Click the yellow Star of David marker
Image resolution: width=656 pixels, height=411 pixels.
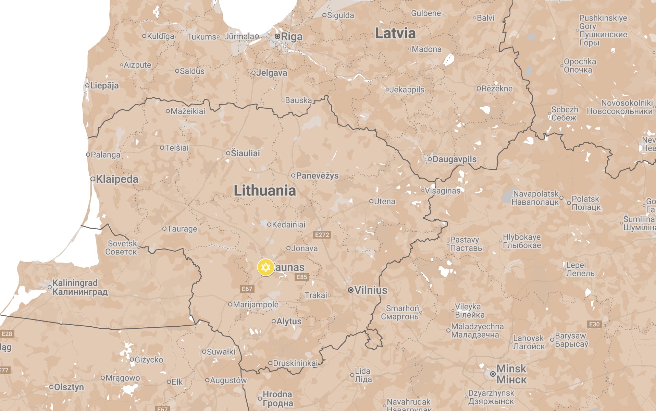coord(265,267)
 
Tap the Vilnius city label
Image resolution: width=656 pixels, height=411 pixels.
coord(371,290)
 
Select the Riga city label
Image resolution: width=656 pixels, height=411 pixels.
coord(292,36)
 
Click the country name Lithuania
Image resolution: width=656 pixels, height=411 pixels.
coord(264,191)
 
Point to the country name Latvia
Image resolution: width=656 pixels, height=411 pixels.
coord(395,33)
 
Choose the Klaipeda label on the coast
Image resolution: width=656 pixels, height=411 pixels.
coord(117,179)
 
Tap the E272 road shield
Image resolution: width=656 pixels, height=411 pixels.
coord(322,235)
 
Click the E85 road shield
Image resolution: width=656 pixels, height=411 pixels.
coord(302,277)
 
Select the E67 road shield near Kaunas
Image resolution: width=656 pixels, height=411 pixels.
coord(247,289)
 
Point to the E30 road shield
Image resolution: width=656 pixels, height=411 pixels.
coord(594,324)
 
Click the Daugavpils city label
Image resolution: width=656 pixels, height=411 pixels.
coord(454,159)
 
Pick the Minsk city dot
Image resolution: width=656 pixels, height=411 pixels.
coord(493,374)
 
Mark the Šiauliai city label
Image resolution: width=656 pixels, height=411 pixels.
coord(245,153)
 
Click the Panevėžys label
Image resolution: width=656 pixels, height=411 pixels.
coord(317,176)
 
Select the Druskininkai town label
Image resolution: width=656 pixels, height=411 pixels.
coord(295,363)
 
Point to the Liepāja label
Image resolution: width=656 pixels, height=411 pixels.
coord(104,85)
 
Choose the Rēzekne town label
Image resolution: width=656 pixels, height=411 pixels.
coord(497,88)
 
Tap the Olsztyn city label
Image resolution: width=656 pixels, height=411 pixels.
coord(69,387)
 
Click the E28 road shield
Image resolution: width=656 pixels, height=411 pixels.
coord(7,334)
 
